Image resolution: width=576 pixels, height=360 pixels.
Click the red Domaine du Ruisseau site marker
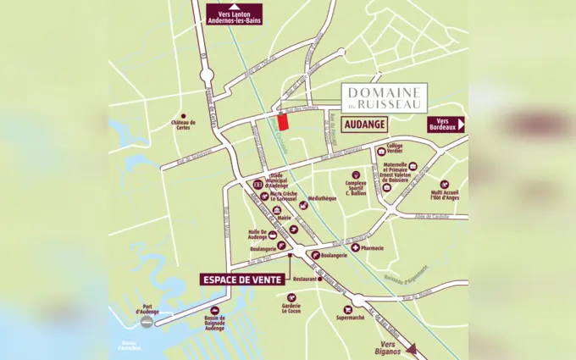[x=283, y=121]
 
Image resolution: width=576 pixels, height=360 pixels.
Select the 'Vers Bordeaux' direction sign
[x=446, y=124]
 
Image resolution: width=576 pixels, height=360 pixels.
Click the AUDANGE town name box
[x=366, y=124]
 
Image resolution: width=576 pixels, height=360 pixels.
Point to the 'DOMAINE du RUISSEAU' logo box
[x=384, y=95]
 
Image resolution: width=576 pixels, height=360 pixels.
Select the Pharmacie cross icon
[x=354, y=247]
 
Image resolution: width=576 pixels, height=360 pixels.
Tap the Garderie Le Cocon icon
[x=291, y=297]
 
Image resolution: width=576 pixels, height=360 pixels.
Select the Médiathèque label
[x=322, y=198]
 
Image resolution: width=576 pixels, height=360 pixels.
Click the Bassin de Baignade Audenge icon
[x=214, y=311]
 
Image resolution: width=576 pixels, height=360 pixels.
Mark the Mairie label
[x=284, y=218]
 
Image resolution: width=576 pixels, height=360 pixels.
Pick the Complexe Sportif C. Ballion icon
[x=358, y=175]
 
